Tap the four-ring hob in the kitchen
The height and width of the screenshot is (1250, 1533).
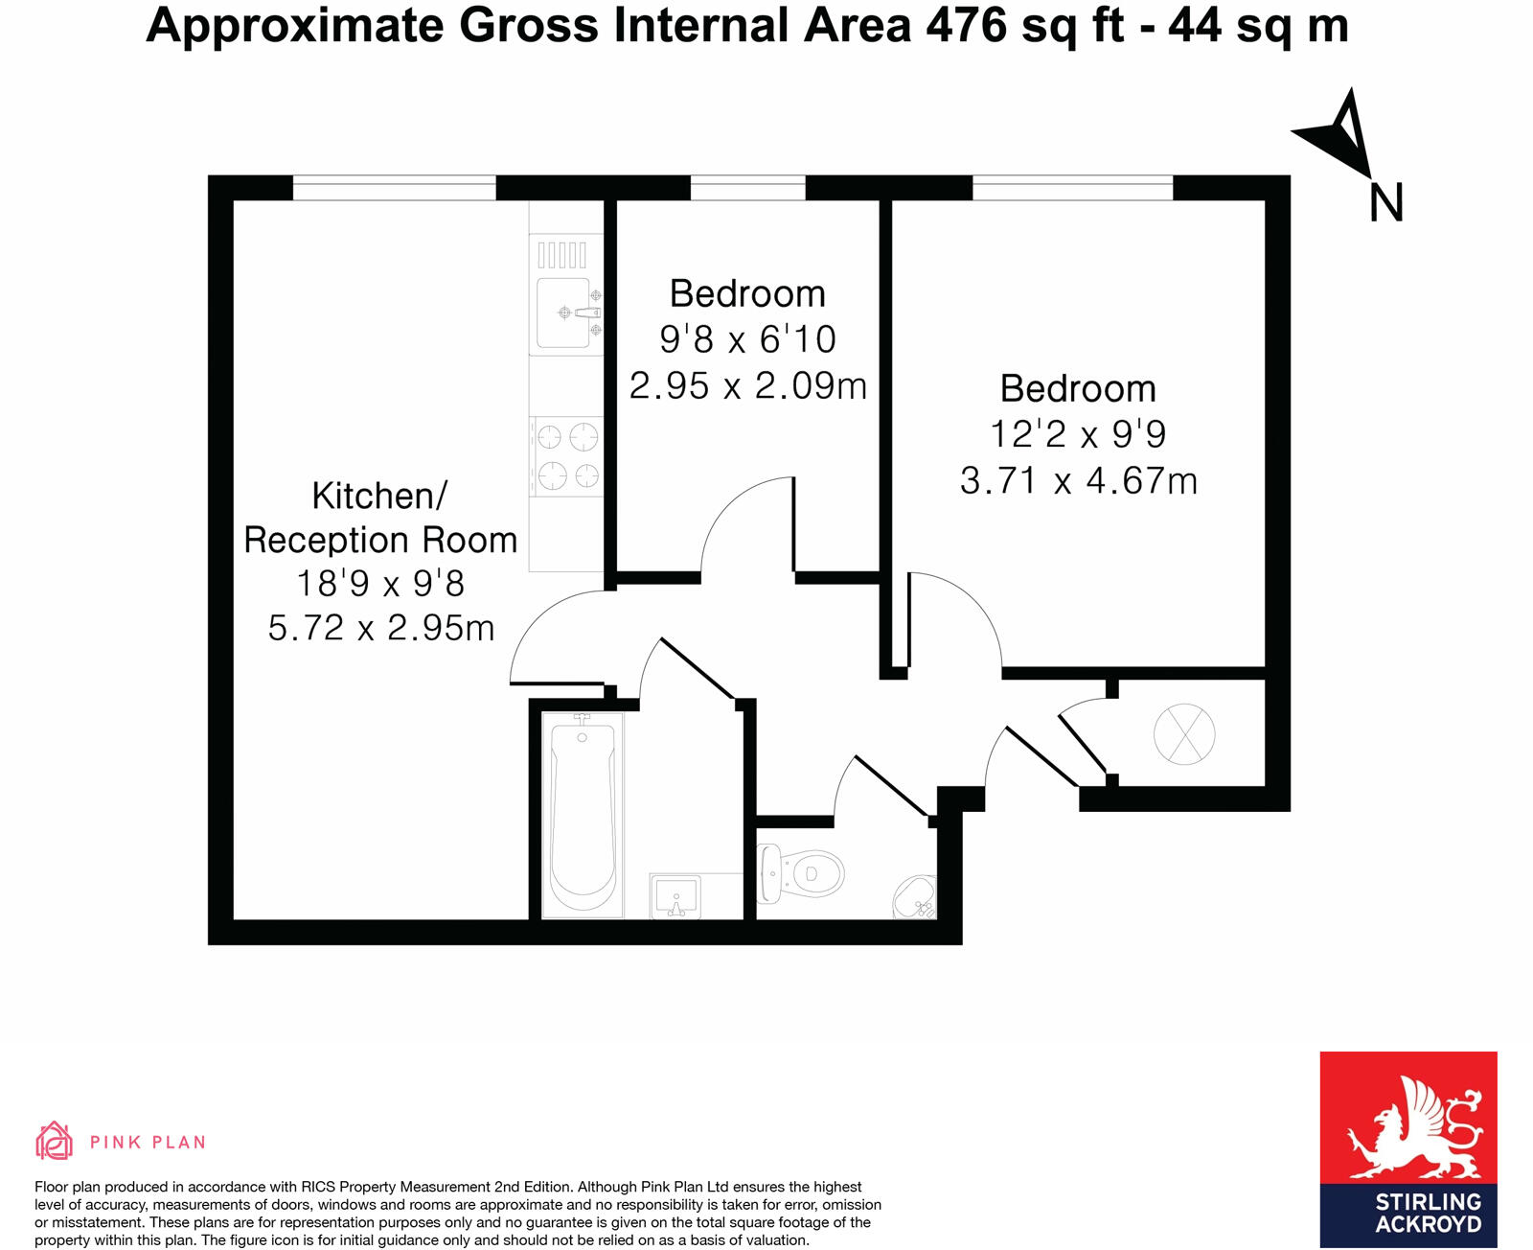(567, 456)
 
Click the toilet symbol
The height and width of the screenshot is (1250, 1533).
(801, 873)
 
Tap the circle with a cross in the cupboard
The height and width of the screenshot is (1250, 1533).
(1184, 734)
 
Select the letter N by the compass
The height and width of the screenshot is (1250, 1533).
(1385, 203)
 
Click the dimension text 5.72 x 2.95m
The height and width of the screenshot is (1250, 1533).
(381, 628)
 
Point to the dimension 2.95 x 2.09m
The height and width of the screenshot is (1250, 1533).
(747, 385)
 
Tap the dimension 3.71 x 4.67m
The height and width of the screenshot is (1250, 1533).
(1079, 480)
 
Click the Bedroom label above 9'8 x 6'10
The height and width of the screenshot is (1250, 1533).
(747, 293)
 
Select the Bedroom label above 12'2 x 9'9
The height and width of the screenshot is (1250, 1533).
(1078, 388)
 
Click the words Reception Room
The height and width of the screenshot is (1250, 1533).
(380, 540)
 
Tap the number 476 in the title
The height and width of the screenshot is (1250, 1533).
(966, 25)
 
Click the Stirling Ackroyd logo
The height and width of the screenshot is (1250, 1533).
(1407, 1148)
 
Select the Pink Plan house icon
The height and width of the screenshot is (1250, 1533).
(54, 1141)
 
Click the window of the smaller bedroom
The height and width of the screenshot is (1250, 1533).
(747, 187)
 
